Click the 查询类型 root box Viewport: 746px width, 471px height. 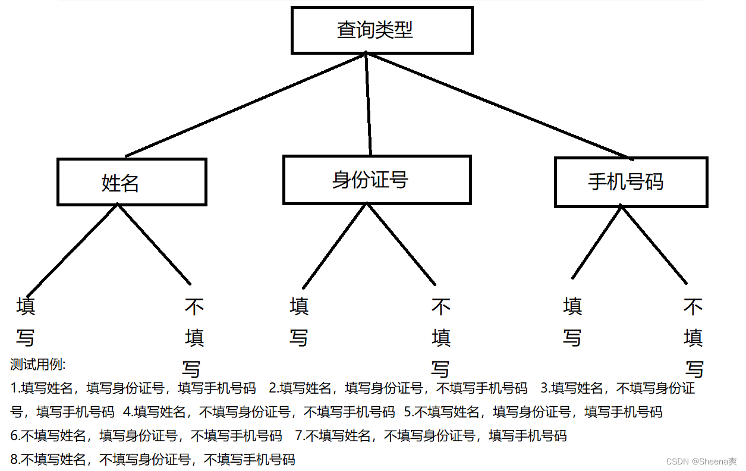point(382,30)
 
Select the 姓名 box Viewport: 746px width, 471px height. point(131,182)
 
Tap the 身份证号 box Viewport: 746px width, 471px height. point(377,180)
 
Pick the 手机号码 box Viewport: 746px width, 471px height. point(631,182)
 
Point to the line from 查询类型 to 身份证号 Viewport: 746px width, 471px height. point(368,104)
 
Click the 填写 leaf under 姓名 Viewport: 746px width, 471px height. point(25,322)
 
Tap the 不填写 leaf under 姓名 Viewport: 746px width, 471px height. point(194,338)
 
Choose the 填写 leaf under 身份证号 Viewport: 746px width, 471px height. point(299,322)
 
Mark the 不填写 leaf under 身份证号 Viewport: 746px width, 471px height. point(440,338)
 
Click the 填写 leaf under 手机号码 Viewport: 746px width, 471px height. point(572,322)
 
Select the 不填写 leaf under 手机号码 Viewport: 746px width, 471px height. point(693,338)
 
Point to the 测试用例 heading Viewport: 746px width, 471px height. point(38,364)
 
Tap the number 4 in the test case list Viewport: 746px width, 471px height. point(127,412)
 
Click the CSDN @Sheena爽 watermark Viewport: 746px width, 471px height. point(701,461)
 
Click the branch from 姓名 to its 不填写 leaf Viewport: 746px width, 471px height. point(155,244)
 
